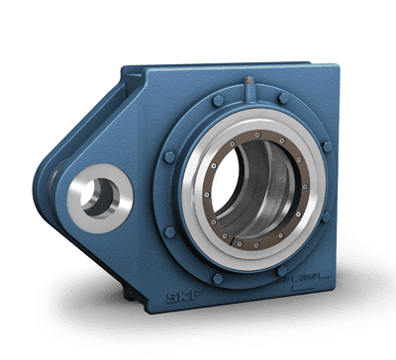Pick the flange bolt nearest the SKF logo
click(x=218, y=278)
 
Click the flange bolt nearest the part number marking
click(x=283, y=269)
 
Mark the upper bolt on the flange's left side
click(x=170, y=156)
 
